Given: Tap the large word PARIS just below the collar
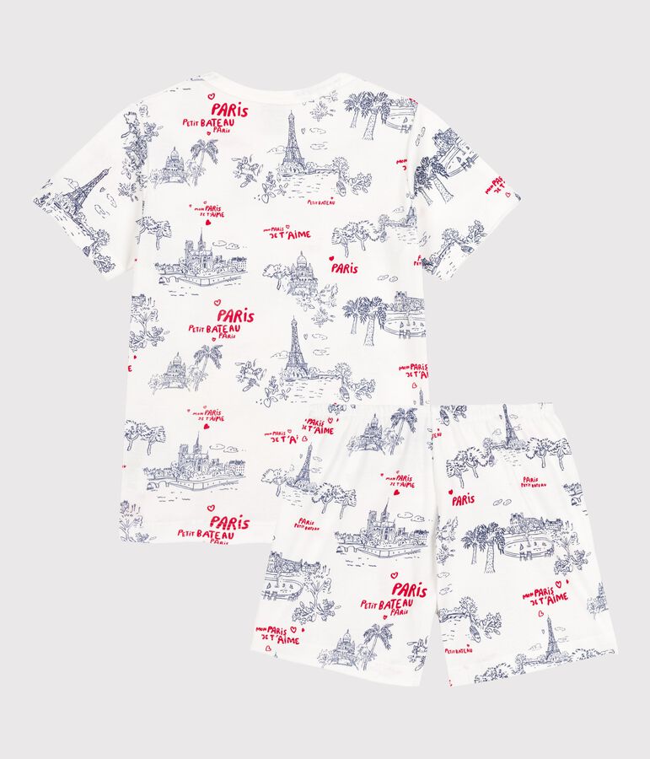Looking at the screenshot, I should tap(229, 109).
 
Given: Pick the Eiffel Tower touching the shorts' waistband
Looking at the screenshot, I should tap(508, 424).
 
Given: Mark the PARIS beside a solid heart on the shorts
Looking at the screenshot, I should tap(463, 500).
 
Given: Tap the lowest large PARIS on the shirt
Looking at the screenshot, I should tap(229, 523).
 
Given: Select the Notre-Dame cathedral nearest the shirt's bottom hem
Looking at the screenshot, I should tap(197, 460).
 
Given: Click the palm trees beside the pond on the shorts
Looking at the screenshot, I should tap(485, 540).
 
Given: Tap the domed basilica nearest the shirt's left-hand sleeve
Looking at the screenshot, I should tap(175, 162).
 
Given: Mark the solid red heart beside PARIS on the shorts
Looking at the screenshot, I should tap(450, 490).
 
